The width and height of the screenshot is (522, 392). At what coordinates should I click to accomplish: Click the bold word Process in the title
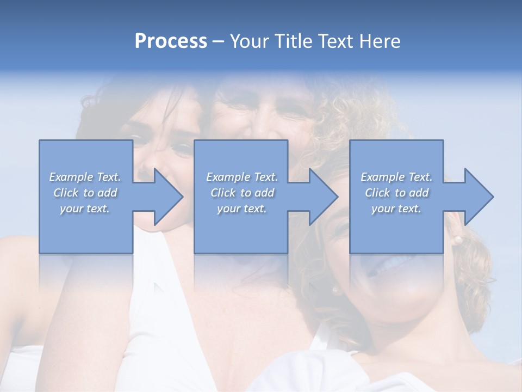click(x=171, y=41)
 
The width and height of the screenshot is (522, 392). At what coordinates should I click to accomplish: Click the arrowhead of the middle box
click(x=323, y=197)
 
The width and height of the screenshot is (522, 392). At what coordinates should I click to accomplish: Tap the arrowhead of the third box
click(x=478, y=197)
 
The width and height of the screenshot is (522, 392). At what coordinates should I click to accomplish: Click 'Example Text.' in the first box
click(x=85, y=177)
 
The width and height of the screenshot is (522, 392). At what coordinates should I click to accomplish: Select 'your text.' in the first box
click(x=85, y=209)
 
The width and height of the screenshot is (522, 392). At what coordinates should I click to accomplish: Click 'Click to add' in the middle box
click(x=242, y=193)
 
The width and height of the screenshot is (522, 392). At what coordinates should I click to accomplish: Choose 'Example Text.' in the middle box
click(x=242, y=177)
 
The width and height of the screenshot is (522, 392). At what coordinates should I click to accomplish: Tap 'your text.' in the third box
click(x=396, y=209)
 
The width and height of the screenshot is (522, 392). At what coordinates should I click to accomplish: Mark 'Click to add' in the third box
click(x=396, y=193)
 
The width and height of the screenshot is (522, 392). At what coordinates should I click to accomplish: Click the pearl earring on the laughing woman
click(x=458, y=239)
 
